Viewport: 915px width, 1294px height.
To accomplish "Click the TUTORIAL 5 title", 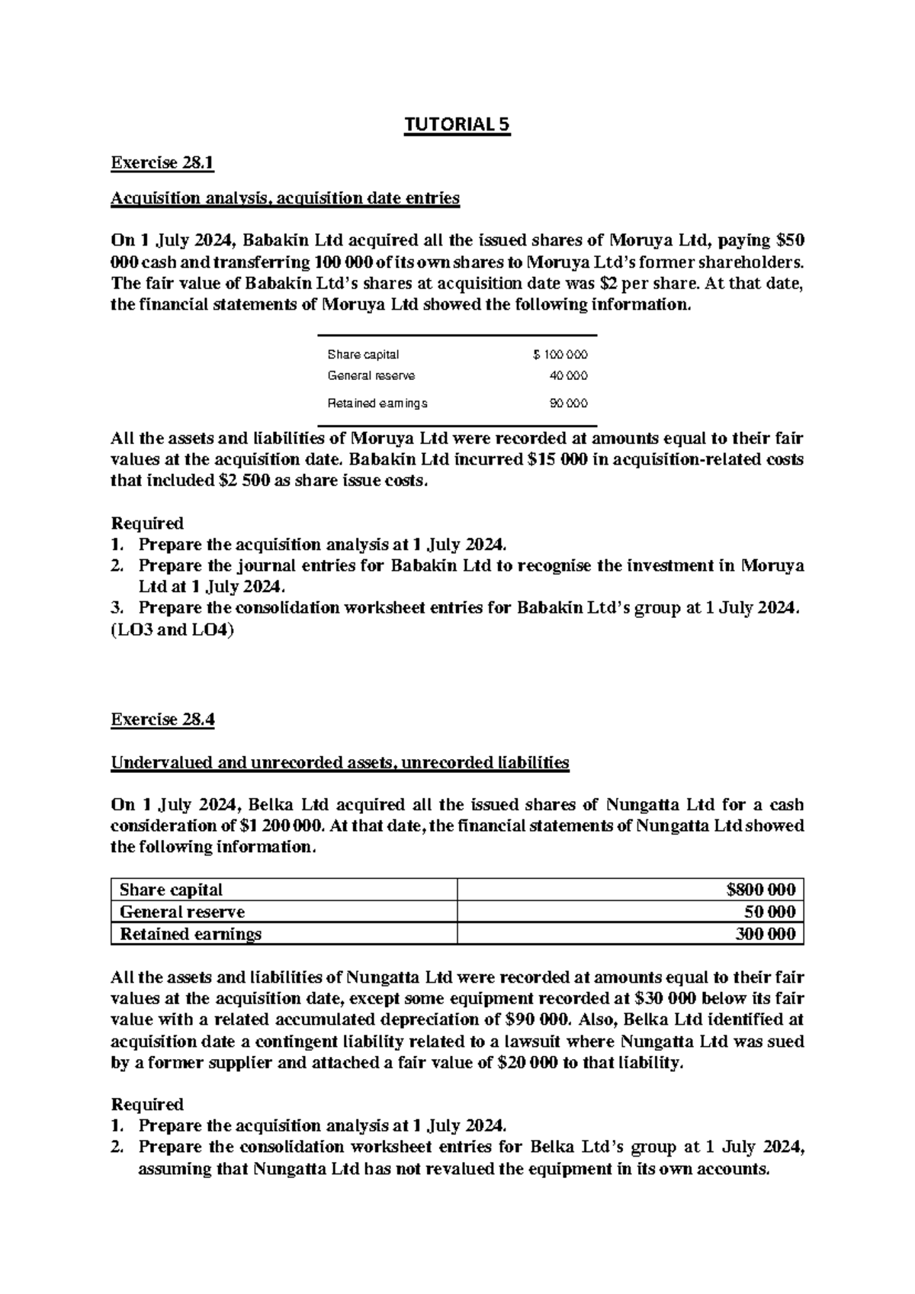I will (x=457, y=124).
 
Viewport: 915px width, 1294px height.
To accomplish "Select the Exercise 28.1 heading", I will (x=163, y=163).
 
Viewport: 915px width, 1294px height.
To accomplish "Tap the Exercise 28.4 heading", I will (x=163, y=719).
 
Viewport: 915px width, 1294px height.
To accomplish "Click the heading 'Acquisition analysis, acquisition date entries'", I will (x=285, y=198).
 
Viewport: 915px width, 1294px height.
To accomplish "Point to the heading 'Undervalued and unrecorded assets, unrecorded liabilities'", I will (x=340, y=762).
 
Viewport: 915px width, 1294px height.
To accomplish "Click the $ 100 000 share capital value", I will (x=560, y=355).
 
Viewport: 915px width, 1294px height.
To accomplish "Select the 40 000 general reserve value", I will (x=568, y=375).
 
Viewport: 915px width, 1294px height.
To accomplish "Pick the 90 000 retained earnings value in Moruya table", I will (x=568, y=403).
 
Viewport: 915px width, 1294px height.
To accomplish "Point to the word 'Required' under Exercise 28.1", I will (x=147, y=523).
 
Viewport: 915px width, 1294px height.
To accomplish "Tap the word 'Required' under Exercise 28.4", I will (x=147, y=1104).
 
